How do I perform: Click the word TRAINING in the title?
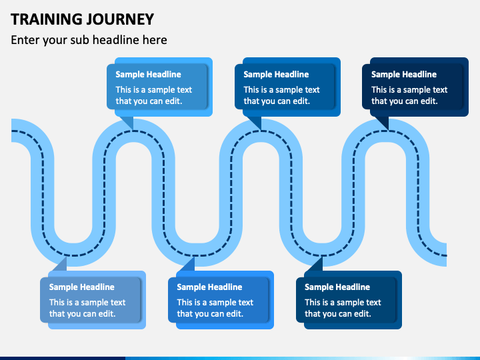[x=45, y=19]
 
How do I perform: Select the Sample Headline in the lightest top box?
[x=148, y=75]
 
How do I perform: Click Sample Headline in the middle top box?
[x=276, y=75]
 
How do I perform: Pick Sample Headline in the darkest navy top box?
[x=404, y=75]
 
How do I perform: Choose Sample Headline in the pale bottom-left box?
[x=82, y=287]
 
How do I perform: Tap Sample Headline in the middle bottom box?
[x=209, y=287]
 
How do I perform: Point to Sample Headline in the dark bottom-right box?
[x=337, y=287]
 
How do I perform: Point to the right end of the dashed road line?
[x=446, y=255]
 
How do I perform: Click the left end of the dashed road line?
[x=12, y=131]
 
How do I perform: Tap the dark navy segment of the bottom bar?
[x=63, y=358]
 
